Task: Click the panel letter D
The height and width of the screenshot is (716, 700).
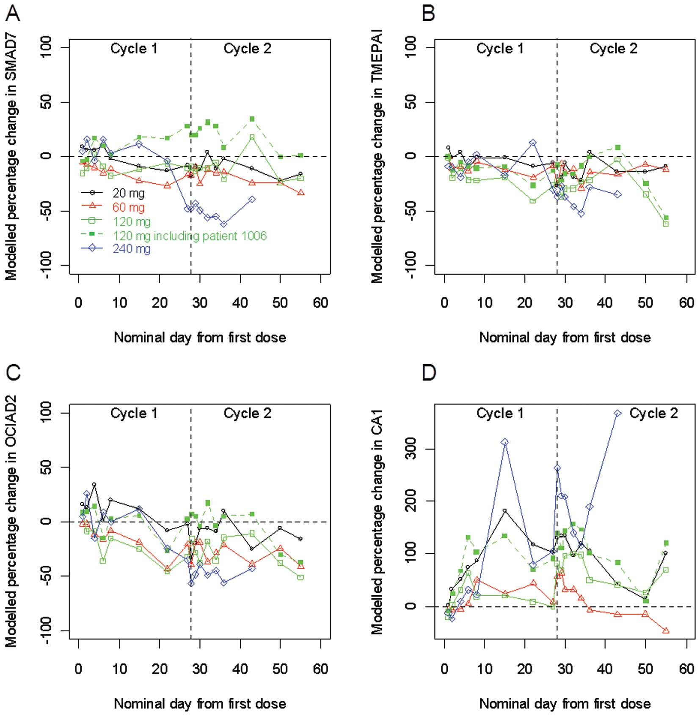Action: coord(429,373)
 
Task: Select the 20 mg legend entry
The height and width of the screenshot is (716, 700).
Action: coord(128,193)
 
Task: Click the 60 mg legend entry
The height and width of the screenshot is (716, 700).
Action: coord(128,207)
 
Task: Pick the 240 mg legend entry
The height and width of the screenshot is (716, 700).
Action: coord(131,249)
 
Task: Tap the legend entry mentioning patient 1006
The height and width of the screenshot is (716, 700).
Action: coord(190,235)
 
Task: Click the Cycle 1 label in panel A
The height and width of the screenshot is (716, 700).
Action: coord(134,49)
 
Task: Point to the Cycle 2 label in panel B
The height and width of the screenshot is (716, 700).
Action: coord(613,49)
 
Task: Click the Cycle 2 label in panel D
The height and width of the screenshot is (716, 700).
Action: coord(653,413)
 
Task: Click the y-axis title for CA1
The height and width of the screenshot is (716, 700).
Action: coord(377,521)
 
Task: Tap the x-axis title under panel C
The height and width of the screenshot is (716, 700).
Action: coord(200,704)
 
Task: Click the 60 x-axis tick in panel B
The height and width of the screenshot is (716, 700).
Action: coord(686,303)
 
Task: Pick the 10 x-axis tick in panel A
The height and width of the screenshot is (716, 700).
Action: coord(119,303)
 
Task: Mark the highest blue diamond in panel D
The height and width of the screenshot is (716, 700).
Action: coord(617,413)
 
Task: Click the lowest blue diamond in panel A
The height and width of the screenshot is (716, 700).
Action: coord(224,224)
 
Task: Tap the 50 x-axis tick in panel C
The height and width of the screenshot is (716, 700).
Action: coord(280,669)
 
